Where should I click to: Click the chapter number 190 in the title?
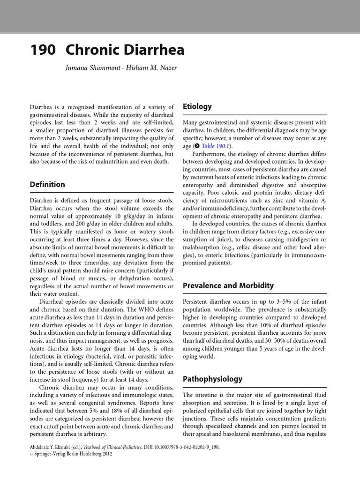tap(43, 50)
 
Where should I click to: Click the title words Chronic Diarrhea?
tap(125, 50)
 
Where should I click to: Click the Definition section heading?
tap(47, 184)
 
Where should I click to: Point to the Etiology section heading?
tap(197, 106)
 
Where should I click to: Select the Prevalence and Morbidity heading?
tap(228, 285)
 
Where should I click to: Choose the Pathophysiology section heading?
tap(212, 378)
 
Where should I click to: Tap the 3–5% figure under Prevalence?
tap(278, 302)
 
